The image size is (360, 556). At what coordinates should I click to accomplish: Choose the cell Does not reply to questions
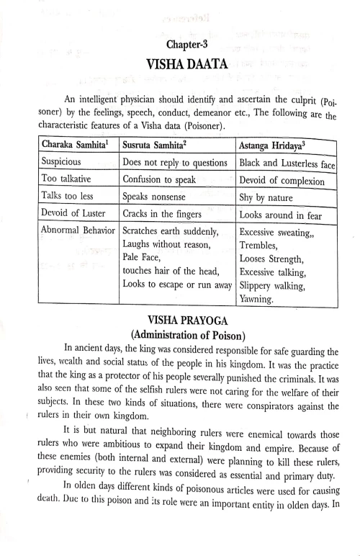point(176,163)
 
